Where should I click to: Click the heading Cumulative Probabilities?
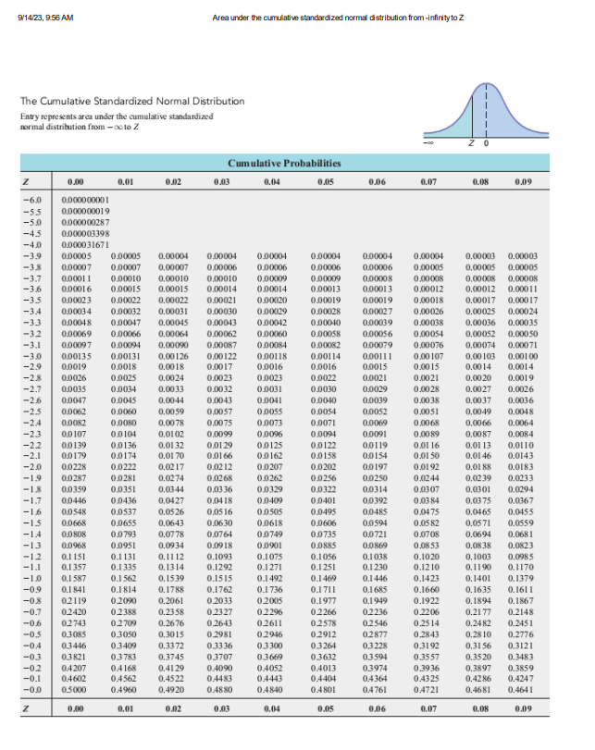(x=283, y=163)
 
